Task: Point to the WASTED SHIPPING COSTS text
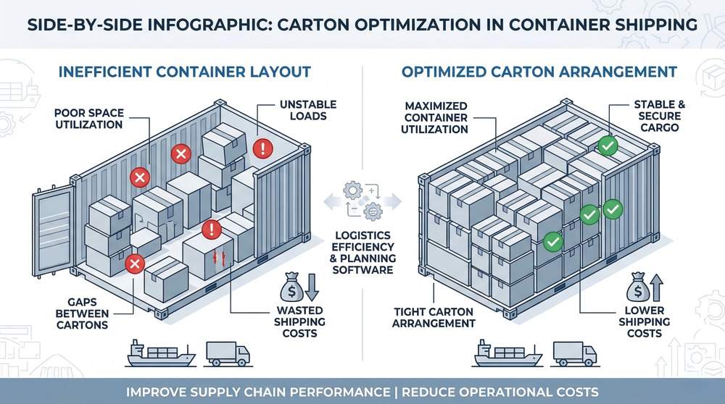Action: [298, 321]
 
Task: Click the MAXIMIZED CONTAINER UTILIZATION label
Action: [435, 118]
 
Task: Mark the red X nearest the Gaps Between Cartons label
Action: [133, 264]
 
